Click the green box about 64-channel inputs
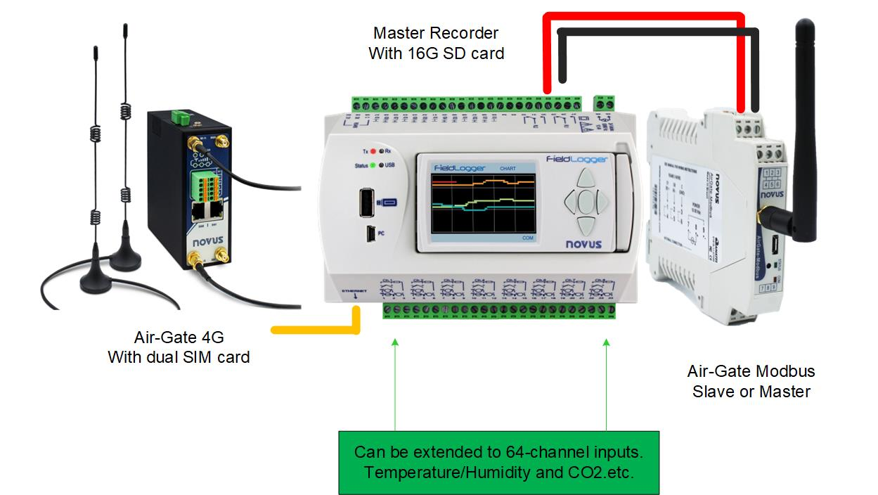point(499,462)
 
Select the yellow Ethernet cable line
point(316,328)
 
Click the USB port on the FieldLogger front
point(367,203)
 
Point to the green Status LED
point(373,166)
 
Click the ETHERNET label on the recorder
point(353,290)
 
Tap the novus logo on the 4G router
point(207,240)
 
